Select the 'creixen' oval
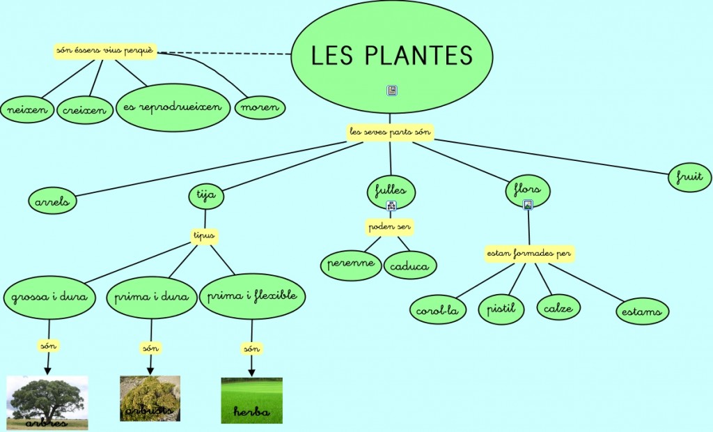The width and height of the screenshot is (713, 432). pos(84,110)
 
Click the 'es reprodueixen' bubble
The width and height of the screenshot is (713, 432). pos(172,107)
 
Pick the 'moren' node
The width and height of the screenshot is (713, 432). pos(260,107)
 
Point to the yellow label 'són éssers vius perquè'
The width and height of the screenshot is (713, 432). pos(105,51)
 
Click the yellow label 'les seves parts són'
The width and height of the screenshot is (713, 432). pos(390,132)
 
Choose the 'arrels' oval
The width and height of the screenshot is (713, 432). pos(53,201)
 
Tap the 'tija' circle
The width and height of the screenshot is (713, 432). pos(206,196)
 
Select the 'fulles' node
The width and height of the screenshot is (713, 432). pos(391,190)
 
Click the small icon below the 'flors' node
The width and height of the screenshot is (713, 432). pos(528,205)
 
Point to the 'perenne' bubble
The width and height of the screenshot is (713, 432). pos(351,264)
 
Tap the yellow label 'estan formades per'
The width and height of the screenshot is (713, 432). pos(530,254)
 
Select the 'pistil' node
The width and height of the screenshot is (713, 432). pos(501,309)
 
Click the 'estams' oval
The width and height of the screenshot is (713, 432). pos(642,311)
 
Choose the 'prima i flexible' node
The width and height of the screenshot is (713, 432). pos(252,296)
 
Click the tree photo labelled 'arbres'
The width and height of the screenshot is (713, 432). pos(47,403)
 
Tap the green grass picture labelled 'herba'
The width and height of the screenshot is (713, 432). pos(251,401)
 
